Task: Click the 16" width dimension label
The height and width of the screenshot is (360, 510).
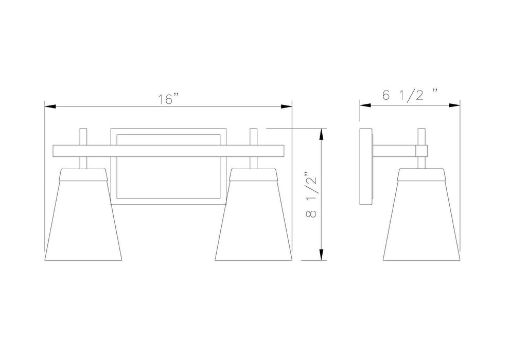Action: [x=169, y=99]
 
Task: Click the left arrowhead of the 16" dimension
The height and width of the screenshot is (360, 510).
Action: [x=50, y=106]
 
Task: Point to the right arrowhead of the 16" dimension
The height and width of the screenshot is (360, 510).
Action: [x=286, y=106]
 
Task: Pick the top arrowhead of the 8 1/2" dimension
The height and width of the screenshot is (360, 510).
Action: [x=322, y=135]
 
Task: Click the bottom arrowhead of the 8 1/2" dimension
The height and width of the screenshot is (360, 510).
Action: [x=322, y=255]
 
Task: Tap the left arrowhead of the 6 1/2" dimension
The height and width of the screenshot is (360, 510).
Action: [x=365, y=105]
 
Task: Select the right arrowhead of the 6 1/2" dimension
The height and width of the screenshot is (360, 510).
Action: [x=454, y=105]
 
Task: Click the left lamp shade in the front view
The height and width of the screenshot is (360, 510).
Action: [x=83, y=214]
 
